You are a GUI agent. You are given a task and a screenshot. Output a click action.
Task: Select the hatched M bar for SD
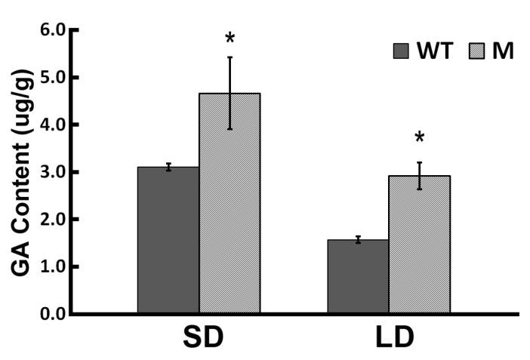click(x=230, y=203)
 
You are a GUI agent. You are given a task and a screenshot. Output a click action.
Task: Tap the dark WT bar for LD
click(x=358, y=276)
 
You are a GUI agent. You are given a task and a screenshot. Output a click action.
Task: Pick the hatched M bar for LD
click(x=419, y=245)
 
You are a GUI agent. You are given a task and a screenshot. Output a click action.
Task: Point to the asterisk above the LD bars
click(x=419, y=139)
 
